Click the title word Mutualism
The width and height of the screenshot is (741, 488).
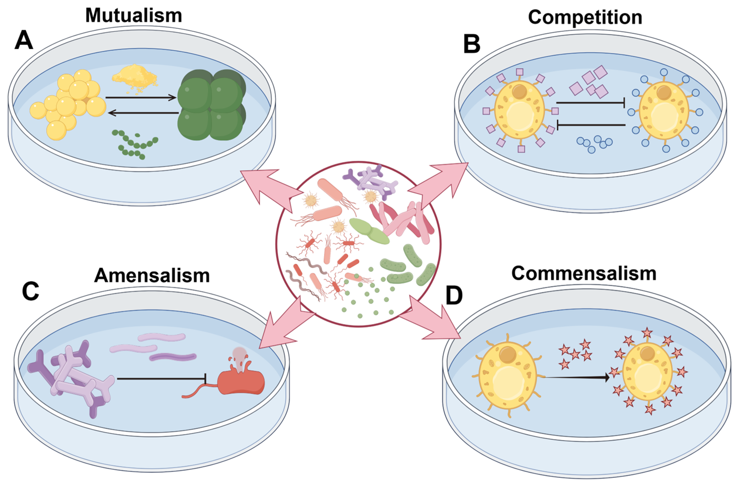[x=134, y=16]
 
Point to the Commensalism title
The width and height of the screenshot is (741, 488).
[x=584, y=273]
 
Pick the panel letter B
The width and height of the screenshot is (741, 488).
[x=472, y=44]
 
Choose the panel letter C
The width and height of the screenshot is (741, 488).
[x=31, y=291]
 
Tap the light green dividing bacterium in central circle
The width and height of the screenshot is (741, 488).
[x=369, y=231]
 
